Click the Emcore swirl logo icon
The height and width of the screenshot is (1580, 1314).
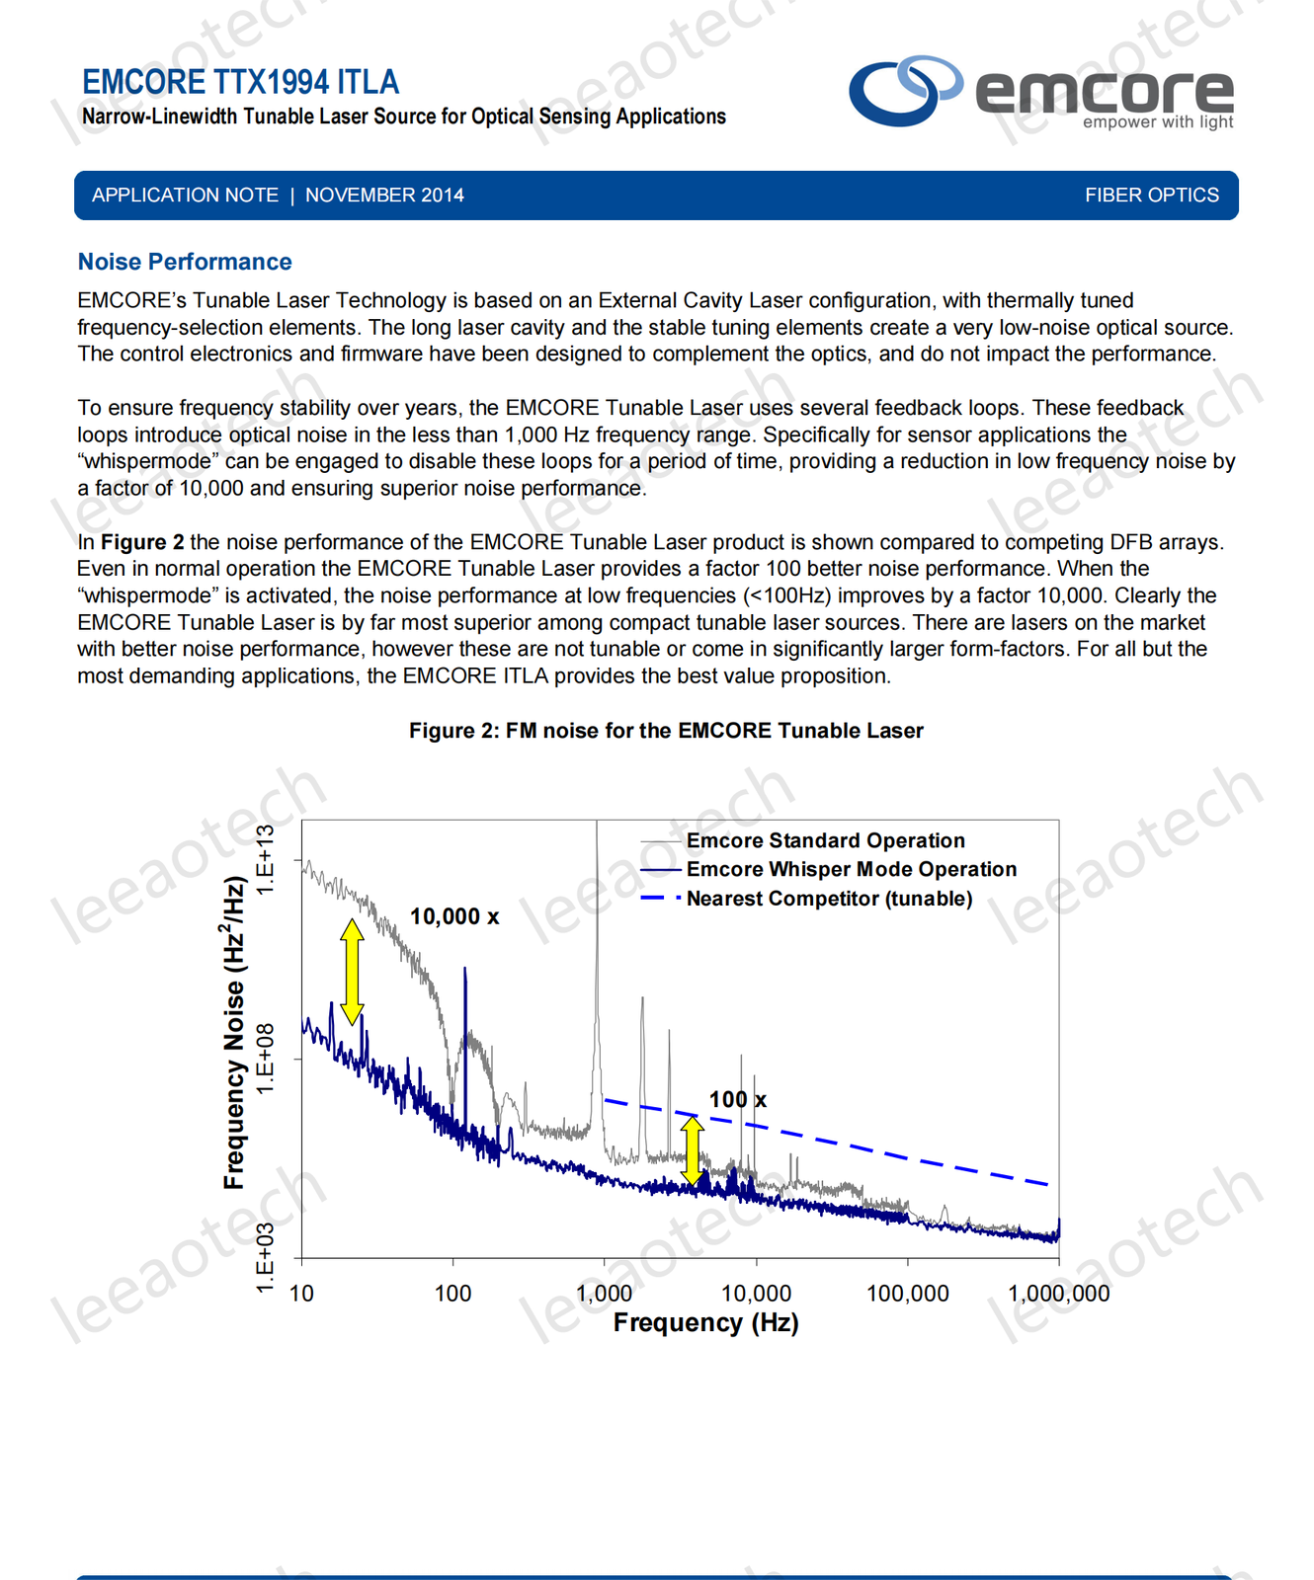click(904, 90)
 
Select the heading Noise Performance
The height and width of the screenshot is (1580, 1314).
click(185, 262)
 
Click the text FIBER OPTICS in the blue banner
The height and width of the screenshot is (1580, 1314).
click(1151, 196)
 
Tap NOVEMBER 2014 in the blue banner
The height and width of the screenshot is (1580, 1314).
click(384, 196)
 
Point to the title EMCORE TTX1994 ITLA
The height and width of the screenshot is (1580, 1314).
click(240, 82)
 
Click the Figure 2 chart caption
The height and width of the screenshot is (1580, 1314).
click(666, 731)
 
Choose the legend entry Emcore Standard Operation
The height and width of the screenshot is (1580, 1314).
click(825, 840)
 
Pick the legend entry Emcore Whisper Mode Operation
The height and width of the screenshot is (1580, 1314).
click(851, 869)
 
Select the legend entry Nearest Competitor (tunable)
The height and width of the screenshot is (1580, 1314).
click(829, 899)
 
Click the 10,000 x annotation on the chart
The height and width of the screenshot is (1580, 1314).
click(454, 916)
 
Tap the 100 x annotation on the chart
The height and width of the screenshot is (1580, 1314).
click(737, 1099)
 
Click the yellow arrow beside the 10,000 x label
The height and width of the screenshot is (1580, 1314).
click(352, 972)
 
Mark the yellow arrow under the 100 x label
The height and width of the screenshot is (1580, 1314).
click(693, 1149)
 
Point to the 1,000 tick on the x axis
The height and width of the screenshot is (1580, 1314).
click(605, 1293)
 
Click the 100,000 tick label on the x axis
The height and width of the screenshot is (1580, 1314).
click(907, 1293)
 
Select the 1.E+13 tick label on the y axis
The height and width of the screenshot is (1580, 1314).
click(266, 860)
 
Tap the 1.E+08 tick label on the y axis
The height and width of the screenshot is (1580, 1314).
click(266, 1058)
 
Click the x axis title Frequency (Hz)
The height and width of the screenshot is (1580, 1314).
click(705, 1322)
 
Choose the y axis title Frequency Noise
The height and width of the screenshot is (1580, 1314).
click(234, 1032)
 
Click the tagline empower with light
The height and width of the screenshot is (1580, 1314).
click(1157, 122)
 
